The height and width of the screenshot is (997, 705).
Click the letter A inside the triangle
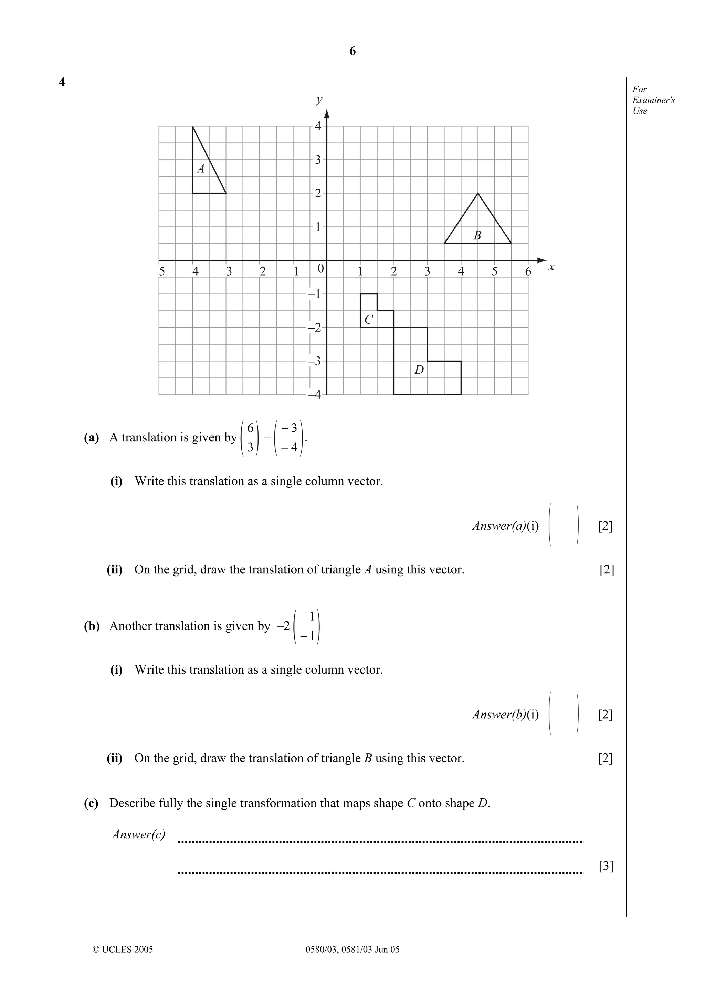[x=201, y=169]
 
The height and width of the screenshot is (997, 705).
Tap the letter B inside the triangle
[x=477, y=236]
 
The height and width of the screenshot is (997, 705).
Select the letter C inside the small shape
[x=368, y=320]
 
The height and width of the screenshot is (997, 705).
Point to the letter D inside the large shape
[x=419, y=370]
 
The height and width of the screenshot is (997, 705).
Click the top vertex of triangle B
[x=478, y=193]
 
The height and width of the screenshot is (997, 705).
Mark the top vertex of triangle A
[x=192, y=126]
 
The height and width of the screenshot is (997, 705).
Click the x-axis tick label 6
[x=528, y=272]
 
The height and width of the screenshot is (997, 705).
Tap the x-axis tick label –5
[x=159, y=272]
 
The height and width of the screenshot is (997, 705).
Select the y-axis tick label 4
[x=317, y=126]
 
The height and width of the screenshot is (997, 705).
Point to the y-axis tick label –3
[x=315, y=361]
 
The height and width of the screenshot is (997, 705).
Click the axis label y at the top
[x=319, y=99]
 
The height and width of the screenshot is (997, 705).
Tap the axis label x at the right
[x=551, y=267]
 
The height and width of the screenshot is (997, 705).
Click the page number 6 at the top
[x=352, y=51]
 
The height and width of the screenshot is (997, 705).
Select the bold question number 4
[x=62, y=82]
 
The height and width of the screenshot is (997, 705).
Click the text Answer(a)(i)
[x=505, y=526]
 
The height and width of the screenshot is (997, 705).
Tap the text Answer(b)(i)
[x=505, y=714]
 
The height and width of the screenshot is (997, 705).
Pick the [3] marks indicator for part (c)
[x=606, y=866]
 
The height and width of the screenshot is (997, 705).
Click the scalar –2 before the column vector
[x=283, y=626]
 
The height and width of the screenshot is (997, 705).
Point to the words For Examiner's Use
[x=653, y=100]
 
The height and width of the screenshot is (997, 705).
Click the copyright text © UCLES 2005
[x=123, y=949]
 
